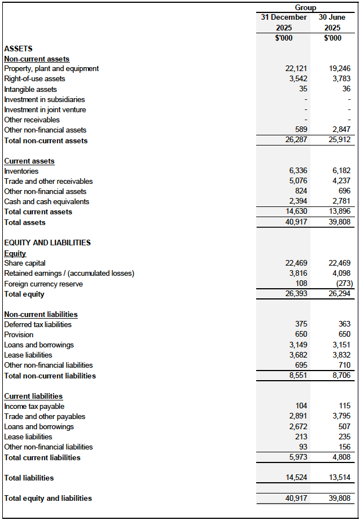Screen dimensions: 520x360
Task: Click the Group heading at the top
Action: [305, 7]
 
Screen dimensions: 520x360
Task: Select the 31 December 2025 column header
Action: [284, 23]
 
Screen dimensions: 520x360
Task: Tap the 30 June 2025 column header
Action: [332, 23]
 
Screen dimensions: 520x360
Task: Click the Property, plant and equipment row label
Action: [51, 69]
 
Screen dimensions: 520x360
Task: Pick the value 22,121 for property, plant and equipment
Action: [296, 69]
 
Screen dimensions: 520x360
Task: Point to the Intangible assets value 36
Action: [346, 89]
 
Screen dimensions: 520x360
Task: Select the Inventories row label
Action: [21, 171]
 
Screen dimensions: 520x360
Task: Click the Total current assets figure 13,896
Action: [339, 212]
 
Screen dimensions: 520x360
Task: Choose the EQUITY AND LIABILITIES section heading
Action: [47, 243]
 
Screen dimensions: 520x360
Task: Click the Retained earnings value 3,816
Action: [297, 274]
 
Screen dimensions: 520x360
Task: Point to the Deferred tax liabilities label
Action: [38, 325]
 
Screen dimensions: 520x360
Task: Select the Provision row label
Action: [19, 335]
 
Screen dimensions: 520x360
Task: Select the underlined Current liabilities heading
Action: [33, 396]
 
